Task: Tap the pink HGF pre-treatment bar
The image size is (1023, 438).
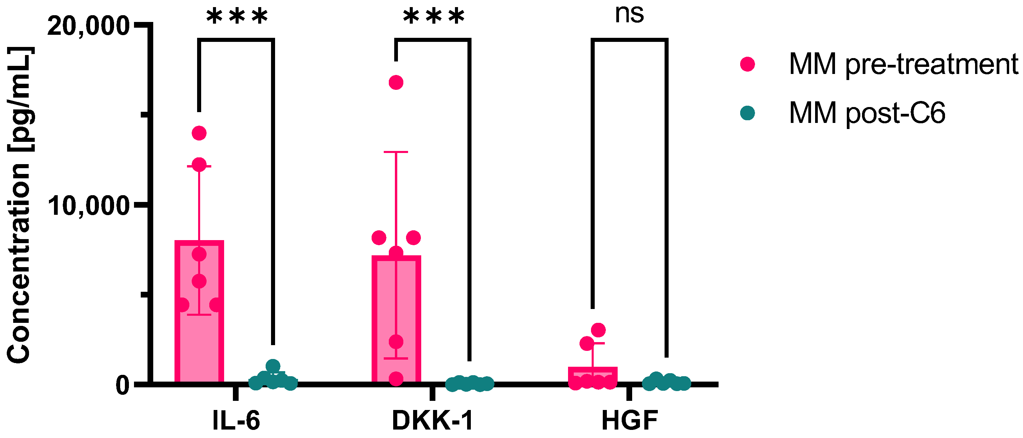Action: click(593, 375)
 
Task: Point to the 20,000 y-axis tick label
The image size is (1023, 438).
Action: click(88, 27)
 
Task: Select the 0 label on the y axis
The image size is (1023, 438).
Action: click(122, 385)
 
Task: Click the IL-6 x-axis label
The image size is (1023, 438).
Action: click(236, 420)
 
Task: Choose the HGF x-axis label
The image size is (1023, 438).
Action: click(629, 420)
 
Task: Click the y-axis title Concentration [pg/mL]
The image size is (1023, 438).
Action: click(19, 205)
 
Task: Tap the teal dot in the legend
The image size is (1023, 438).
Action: click(747, 113)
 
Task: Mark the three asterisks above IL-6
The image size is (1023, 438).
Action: click(237, 17)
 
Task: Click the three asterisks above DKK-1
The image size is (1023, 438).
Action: click(434, 17)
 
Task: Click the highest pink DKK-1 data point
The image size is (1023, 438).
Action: click(396, 83)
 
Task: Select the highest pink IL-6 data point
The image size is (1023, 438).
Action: click(199, 133)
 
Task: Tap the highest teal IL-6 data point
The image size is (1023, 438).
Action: click(273, 366)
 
